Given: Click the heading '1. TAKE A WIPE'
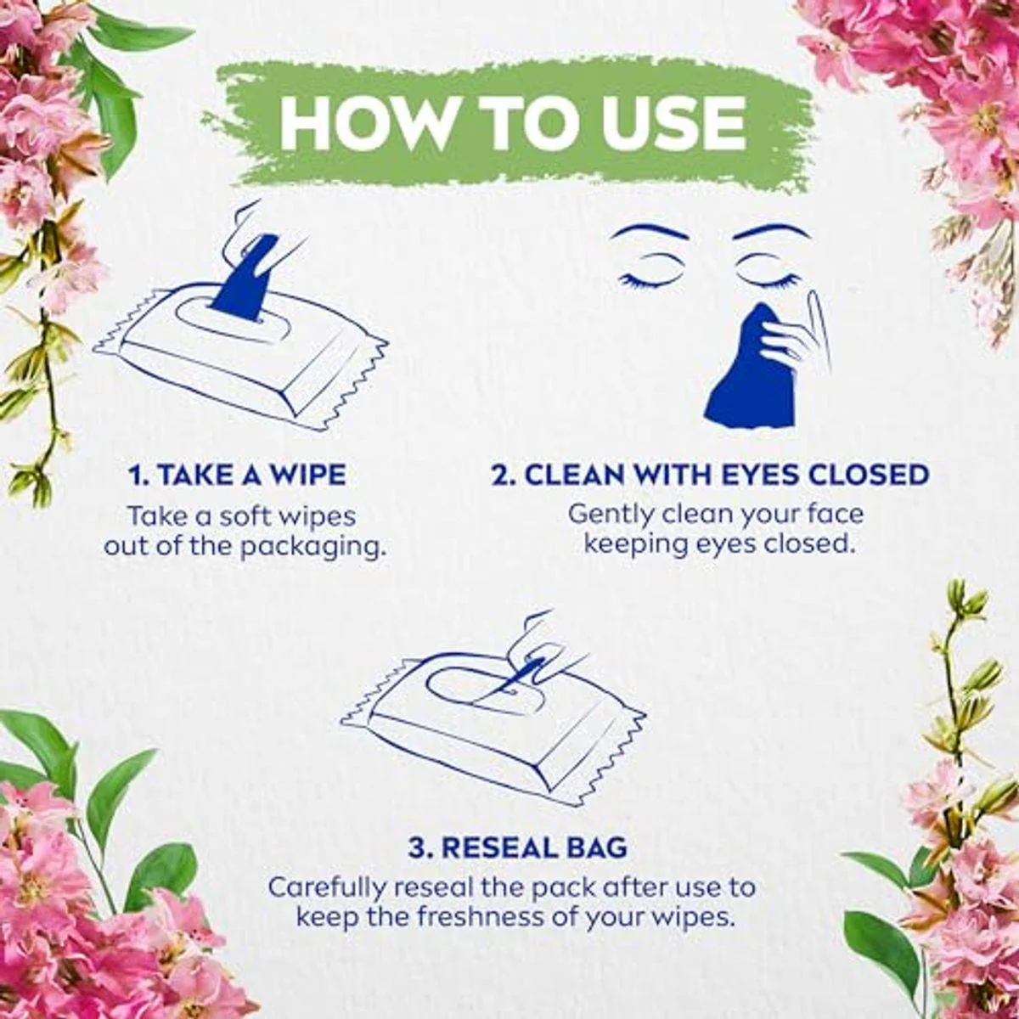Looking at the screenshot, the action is (x=238, y=475).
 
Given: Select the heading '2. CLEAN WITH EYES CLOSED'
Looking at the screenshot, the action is (x=710, y=475).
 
